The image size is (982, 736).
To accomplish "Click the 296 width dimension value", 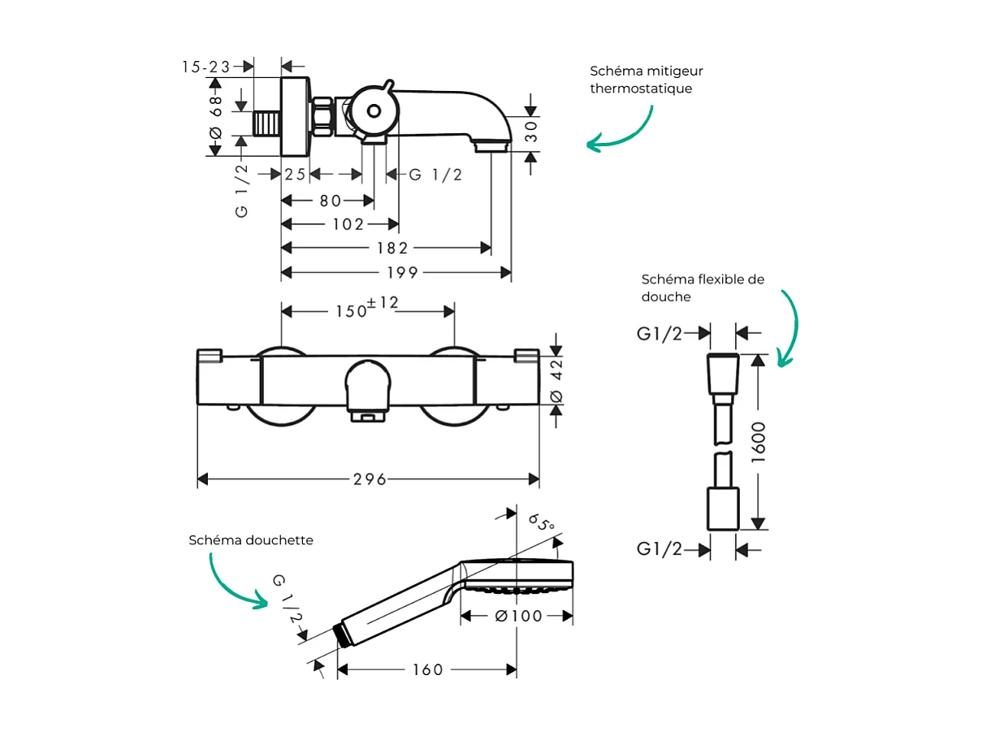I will (x=370, y=479).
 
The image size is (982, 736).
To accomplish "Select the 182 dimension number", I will (x=392, y=248).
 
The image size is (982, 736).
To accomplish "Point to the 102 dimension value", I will (x=348, y=224).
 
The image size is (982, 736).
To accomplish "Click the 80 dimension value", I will (x=330, y=200).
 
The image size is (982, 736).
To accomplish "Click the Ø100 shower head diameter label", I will (x=518, y=617).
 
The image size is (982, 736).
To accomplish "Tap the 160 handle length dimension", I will (x=427, y=669).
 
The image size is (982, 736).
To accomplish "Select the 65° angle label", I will (x=541, y=522).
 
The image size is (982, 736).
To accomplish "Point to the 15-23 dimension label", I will (x=206, y=67).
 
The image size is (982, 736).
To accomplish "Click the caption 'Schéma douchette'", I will (x=251, y=540).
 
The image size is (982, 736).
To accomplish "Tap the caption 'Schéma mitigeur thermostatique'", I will (x=647, y=80).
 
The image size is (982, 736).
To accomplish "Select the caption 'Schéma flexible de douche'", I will (x=703, y=288).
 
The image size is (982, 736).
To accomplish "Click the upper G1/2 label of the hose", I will (x=660, y=333).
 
